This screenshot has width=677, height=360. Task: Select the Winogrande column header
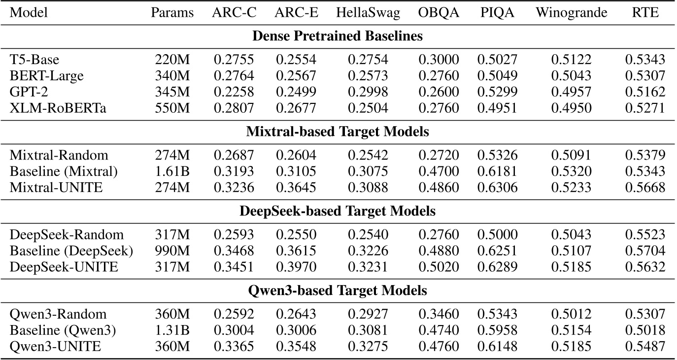[x=571, y=13]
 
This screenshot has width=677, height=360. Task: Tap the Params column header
[x=172, y=13]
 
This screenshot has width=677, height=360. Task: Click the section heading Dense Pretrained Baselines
[x=338, y=36]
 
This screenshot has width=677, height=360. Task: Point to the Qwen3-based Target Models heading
[x=338, y=291]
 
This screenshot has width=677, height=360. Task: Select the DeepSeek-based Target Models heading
[x=338, y=211]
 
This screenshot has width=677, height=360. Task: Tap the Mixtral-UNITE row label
[x=56, y=188]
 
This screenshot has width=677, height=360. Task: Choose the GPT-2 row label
[x=27, y=92]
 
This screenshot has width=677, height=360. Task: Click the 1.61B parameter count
[x=172, y=172]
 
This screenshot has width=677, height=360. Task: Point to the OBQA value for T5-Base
[x=439, y=60]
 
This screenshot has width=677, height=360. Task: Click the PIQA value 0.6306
[x=497, y=188]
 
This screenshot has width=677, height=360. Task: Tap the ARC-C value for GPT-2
[x=234, y=92]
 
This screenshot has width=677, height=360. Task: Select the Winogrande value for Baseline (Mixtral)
[x=571, y=172]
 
